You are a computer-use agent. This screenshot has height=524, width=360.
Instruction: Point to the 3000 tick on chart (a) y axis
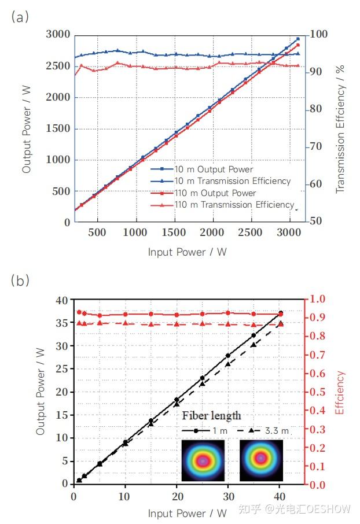click(58, 35)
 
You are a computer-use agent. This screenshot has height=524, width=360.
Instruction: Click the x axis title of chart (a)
click(187, 252)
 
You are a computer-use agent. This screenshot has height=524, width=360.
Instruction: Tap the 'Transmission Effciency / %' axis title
click(341, 128)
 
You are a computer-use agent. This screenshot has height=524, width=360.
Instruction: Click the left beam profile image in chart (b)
click(203, 460)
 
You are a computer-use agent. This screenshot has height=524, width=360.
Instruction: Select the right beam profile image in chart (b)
click(261, 459)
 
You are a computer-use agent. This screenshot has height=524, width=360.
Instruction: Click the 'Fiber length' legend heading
click(211, 416)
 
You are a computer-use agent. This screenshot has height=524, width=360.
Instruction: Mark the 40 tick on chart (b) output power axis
click(61, 300)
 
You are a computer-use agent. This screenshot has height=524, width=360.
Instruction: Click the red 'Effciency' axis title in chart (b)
click(341, 393)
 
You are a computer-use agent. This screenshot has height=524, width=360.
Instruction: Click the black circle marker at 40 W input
click(281, 313)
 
